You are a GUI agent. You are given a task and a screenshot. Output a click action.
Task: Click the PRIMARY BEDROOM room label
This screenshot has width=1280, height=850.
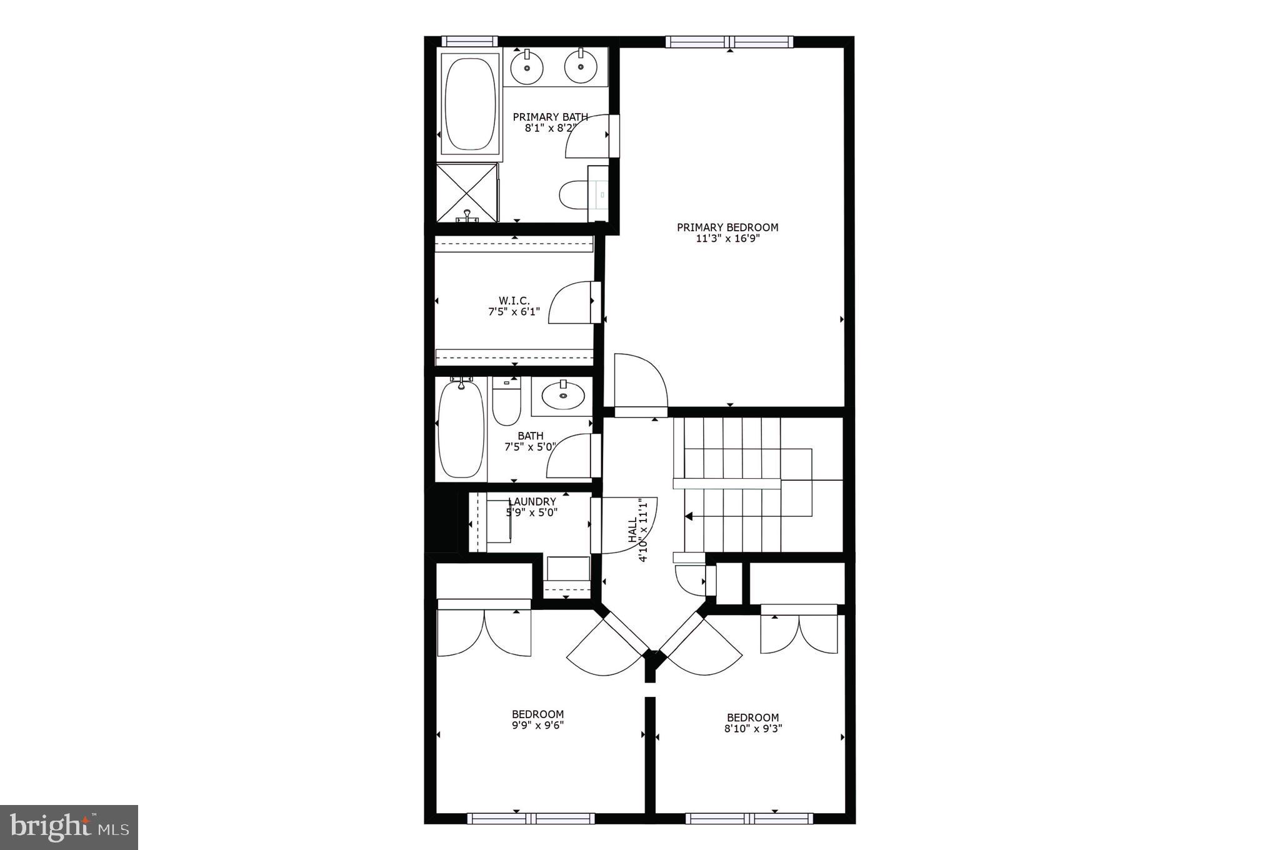(727, 227)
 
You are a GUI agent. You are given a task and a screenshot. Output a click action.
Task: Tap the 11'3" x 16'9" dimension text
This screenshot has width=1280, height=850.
(727, 239)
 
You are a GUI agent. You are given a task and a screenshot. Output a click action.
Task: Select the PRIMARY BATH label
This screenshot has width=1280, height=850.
(550, 117)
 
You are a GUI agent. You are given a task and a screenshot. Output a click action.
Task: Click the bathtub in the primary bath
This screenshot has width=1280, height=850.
(471, 104)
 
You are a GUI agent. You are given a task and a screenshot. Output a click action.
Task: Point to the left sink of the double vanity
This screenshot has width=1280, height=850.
(526, 66)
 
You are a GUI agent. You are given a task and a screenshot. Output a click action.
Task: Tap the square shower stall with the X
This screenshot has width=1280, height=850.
(467, 192)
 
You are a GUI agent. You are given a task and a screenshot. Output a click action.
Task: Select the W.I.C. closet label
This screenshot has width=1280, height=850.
(514, 301)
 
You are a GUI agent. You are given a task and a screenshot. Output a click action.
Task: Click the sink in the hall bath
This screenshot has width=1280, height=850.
(562, 395)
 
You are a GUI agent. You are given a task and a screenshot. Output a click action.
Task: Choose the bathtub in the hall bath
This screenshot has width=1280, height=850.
(461, 430)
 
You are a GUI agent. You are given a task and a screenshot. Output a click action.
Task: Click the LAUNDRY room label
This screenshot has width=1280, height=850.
(532, 502)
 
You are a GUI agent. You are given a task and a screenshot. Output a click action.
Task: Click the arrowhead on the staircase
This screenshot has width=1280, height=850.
(689, 516)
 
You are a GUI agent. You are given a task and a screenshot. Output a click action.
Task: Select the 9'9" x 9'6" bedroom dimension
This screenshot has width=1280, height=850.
(537, 726)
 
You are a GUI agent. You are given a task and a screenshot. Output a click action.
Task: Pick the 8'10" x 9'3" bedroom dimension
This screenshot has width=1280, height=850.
(752, 728)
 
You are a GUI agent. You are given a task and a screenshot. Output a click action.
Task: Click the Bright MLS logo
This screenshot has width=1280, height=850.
(69, 827)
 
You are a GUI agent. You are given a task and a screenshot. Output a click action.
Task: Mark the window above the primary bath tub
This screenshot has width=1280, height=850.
(469, 42)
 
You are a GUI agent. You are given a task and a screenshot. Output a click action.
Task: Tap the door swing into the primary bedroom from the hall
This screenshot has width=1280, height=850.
(641, 381)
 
